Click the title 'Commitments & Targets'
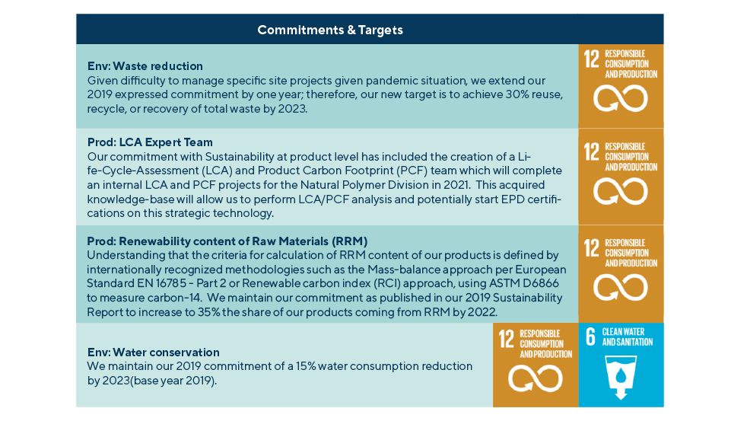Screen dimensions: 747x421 (330, 30)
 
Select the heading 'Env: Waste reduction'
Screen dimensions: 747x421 (145, 65)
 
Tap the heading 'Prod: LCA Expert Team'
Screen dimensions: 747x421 (150, 142)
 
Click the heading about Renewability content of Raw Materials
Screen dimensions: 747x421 (227, 241)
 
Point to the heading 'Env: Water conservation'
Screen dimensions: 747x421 (154, 352)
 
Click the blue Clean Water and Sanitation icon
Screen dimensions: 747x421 (621, 365)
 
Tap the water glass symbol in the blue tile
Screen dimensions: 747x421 (620, 375)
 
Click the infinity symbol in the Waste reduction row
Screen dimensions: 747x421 (620, 98)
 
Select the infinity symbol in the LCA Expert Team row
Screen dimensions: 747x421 (620, 191)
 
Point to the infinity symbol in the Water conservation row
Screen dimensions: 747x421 (536, 378)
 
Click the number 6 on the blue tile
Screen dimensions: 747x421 (590, 336)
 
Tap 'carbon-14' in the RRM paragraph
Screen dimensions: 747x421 (176, 298)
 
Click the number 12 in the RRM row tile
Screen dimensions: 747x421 (592, 248)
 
